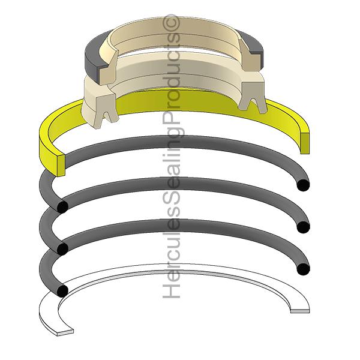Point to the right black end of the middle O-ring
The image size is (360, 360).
[x=304, y=227]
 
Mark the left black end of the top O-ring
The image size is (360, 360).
[x=61, y=206]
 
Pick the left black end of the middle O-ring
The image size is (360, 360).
[x=61, y=248]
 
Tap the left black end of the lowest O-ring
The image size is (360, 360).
[x=61, y=290]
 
